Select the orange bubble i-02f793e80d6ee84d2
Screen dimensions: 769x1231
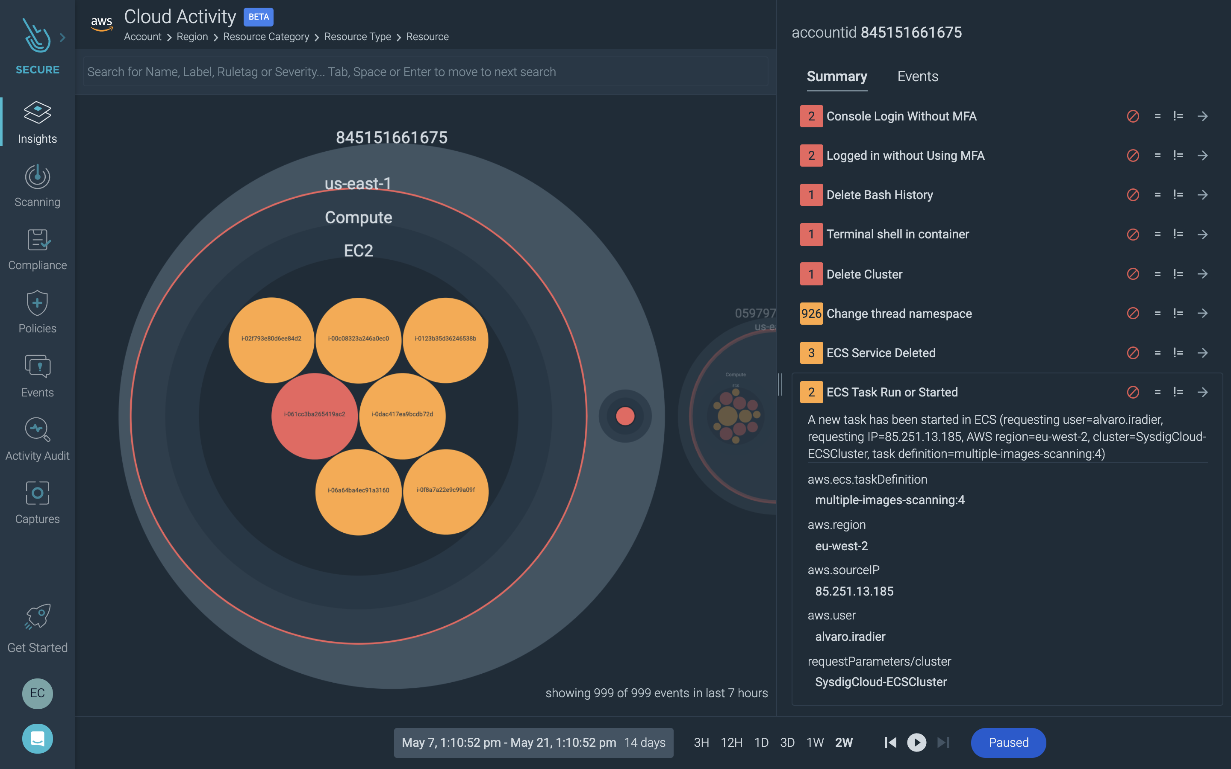click(x=271, y=339)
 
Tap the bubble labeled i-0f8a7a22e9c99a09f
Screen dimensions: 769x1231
click(x=446, y=491)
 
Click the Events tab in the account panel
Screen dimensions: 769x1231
click(x=917, y=76)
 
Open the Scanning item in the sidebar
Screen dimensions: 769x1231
click(x=37, y=186)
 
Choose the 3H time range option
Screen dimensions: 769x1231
click(x=701, y=743)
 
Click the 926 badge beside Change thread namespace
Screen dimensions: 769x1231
click(x=811, y=313)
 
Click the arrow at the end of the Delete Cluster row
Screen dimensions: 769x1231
click(x=1202, y=274)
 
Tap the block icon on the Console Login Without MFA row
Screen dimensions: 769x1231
click(x=1132, y=117)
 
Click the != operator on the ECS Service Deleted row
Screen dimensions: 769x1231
click(x=1178, y=353)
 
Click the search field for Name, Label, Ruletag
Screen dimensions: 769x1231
click(x=425, y=72)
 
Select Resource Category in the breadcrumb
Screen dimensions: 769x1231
click(x=265, y=37)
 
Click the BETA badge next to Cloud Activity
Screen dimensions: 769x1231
click(x=259, y=17)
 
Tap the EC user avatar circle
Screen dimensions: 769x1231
click(x=37, y=693)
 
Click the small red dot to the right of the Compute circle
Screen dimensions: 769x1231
click(x=624, y=416)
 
